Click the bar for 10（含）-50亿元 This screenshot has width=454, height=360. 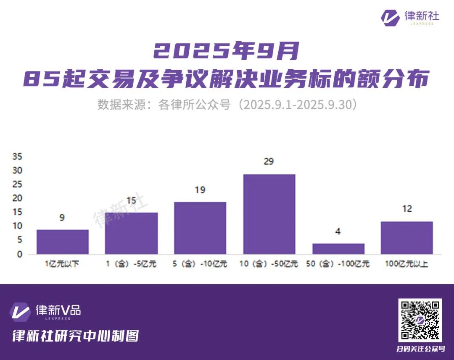(269, 214)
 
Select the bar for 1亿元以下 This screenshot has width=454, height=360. (63, 242)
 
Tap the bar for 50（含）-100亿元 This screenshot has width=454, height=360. (338, 249)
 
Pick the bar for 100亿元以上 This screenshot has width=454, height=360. (406, 238)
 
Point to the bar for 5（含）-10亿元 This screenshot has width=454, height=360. (200, 228)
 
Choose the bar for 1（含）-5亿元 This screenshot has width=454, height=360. (131, 233)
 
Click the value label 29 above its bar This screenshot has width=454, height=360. (269, 162)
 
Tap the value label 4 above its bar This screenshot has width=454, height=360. (338, 231)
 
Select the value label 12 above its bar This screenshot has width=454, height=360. (406, 209)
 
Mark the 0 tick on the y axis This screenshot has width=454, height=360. (19, 254)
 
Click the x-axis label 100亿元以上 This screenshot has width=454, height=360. (406, 264)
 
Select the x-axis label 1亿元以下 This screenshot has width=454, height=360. (62, 264)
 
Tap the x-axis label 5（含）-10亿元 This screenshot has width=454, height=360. (200, 264)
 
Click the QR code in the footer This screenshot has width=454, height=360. (420, 320)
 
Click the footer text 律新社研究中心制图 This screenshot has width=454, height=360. (75, 336)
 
